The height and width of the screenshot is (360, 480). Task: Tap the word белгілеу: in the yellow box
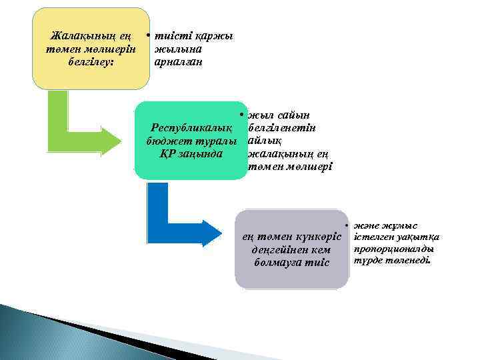coord(89,61)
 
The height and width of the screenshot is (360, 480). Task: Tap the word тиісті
coord(169,35)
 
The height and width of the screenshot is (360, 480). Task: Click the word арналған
coord(178,61)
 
